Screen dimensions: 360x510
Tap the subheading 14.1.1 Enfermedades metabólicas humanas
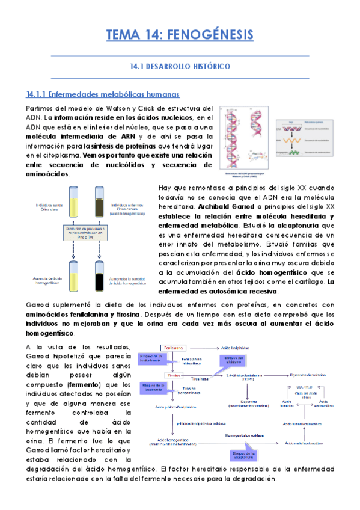point(103,95)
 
